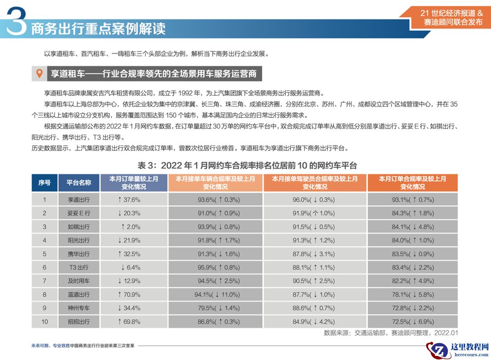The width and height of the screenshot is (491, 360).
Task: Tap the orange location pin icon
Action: [39, 74]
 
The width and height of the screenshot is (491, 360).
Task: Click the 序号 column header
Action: [44, 182]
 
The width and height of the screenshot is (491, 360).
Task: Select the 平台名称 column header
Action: [79, 182]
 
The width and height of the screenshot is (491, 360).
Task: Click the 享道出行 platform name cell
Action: [79, 200]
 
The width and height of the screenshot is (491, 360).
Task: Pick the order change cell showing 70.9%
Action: [129, 294]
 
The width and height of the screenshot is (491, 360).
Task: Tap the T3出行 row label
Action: [79, 268]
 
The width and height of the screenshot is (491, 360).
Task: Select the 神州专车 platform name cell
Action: [79, 308]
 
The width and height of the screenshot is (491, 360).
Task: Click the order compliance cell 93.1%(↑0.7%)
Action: [412, 200]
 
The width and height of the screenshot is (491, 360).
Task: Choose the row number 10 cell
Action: [44, 322]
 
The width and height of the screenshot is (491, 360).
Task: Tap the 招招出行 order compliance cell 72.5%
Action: [412, 322]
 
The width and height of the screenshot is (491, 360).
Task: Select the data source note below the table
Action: [391, 332]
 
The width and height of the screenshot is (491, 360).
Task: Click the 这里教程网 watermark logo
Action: [458, 350]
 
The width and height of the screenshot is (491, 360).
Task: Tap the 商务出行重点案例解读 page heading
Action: [98, 29]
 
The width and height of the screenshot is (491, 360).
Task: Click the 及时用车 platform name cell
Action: [79, 281]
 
